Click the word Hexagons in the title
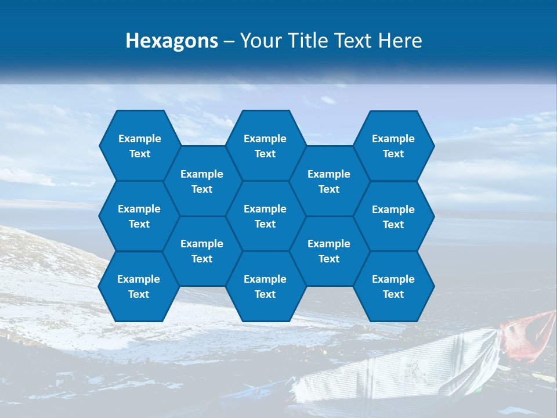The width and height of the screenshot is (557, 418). (172, 41)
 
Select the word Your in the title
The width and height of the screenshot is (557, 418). (258, 41)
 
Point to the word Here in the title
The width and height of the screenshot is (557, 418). (400, 41)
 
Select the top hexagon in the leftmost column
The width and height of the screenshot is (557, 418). (139, 146)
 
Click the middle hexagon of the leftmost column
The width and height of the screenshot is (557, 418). (139, 216)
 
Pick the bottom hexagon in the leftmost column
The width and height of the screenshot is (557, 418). (139, 286)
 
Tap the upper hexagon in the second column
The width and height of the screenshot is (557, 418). (202, 181)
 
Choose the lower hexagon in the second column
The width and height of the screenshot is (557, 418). (202, 251)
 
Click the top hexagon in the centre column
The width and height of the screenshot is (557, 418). (265, 146)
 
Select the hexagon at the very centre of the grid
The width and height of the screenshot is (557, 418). (265, 216)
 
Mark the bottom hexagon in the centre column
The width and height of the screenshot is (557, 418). (265, 286)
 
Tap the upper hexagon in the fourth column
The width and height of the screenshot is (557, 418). (329, 181)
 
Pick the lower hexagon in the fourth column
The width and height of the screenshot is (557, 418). (329, 251)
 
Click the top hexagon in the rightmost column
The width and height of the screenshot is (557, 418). (393, 146)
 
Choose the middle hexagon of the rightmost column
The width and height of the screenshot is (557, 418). (393, 217)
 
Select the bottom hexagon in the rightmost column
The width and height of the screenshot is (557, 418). (393, 286)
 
